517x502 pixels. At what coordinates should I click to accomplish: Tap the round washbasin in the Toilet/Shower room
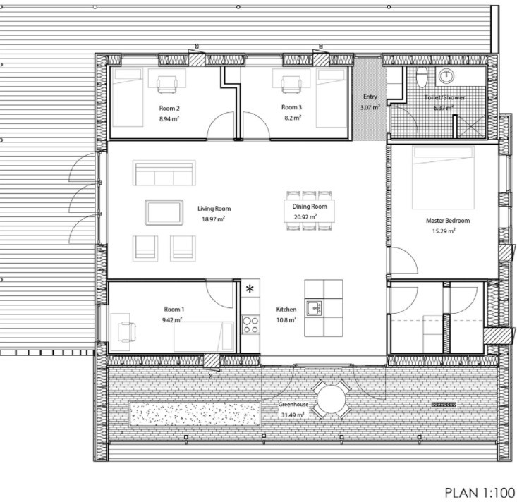(x=446, y=76)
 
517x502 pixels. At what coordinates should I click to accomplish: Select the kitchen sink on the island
(x=313, y=308)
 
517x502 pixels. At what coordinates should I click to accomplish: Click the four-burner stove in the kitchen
(x=250, y=324)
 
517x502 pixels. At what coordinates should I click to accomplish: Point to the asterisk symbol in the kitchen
(x=250, y=289)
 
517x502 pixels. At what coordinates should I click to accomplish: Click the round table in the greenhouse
(x=331, y=399)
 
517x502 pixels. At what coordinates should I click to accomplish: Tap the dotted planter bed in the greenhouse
(x=195, y=414)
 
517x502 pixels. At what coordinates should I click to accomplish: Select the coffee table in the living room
(x=164, y=212)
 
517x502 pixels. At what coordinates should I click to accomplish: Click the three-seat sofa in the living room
(x=164, y=173)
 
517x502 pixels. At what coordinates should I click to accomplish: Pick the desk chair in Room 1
(x=127, y=331)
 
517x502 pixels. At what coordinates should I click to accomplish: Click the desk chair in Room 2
(x=167, y=85)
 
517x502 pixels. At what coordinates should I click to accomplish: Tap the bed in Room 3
(x=332, y=98)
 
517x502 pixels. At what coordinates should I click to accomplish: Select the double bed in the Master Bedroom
(x=443, y=178)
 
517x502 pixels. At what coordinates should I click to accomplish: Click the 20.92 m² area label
(x=305, y=217)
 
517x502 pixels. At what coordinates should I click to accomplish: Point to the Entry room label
(x=370, y=97)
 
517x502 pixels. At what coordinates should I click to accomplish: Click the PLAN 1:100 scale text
(x=480, y=493)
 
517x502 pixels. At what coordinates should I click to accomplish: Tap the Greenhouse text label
(x=293, y=404)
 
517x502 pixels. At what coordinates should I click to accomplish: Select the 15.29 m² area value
(x=444, y=231)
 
